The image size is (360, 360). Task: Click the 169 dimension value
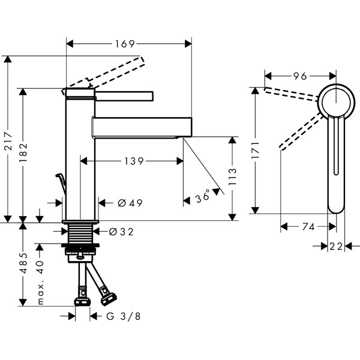(125, 44)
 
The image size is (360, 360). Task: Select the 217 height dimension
(9, 141)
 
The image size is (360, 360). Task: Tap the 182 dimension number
(23, 152)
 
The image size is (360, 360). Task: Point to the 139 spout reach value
(134, 161)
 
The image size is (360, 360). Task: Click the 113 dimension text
(232, 176)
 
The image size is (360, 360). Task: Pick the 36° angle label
(203, 196)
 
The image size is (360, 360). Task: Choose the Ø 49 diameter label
(130, 203)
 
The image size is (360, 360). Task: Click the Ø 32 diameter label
(121, 232)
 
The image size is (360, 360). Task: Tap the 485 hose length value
(23, 263)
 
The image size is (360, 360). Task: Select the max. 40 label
(40, 283)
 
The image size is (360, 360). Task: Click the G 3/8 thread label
(123, 316)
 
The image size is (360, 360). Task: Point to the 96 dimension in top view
(300, 76)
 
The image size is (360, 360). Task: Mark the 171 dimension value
(256, 151)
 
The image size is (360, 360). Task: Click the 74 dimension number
(308, 227)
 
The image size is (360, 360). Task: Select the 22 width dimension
(336, 247)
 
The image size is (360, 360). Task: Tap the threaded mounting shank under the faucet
(80, 233)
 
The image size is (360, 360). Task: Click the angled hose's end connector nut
(109, 298)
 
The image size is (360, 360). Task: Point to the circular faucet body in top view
(336, 101)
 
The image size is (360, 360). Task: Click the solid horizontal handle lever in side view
(124, 96)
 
